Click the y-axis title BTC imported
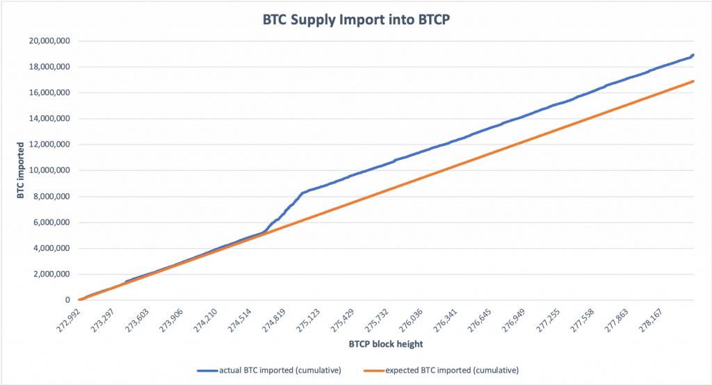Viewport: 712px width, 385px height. [21, 170]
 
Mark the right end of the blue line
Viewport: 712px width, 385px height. [694, 55]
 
